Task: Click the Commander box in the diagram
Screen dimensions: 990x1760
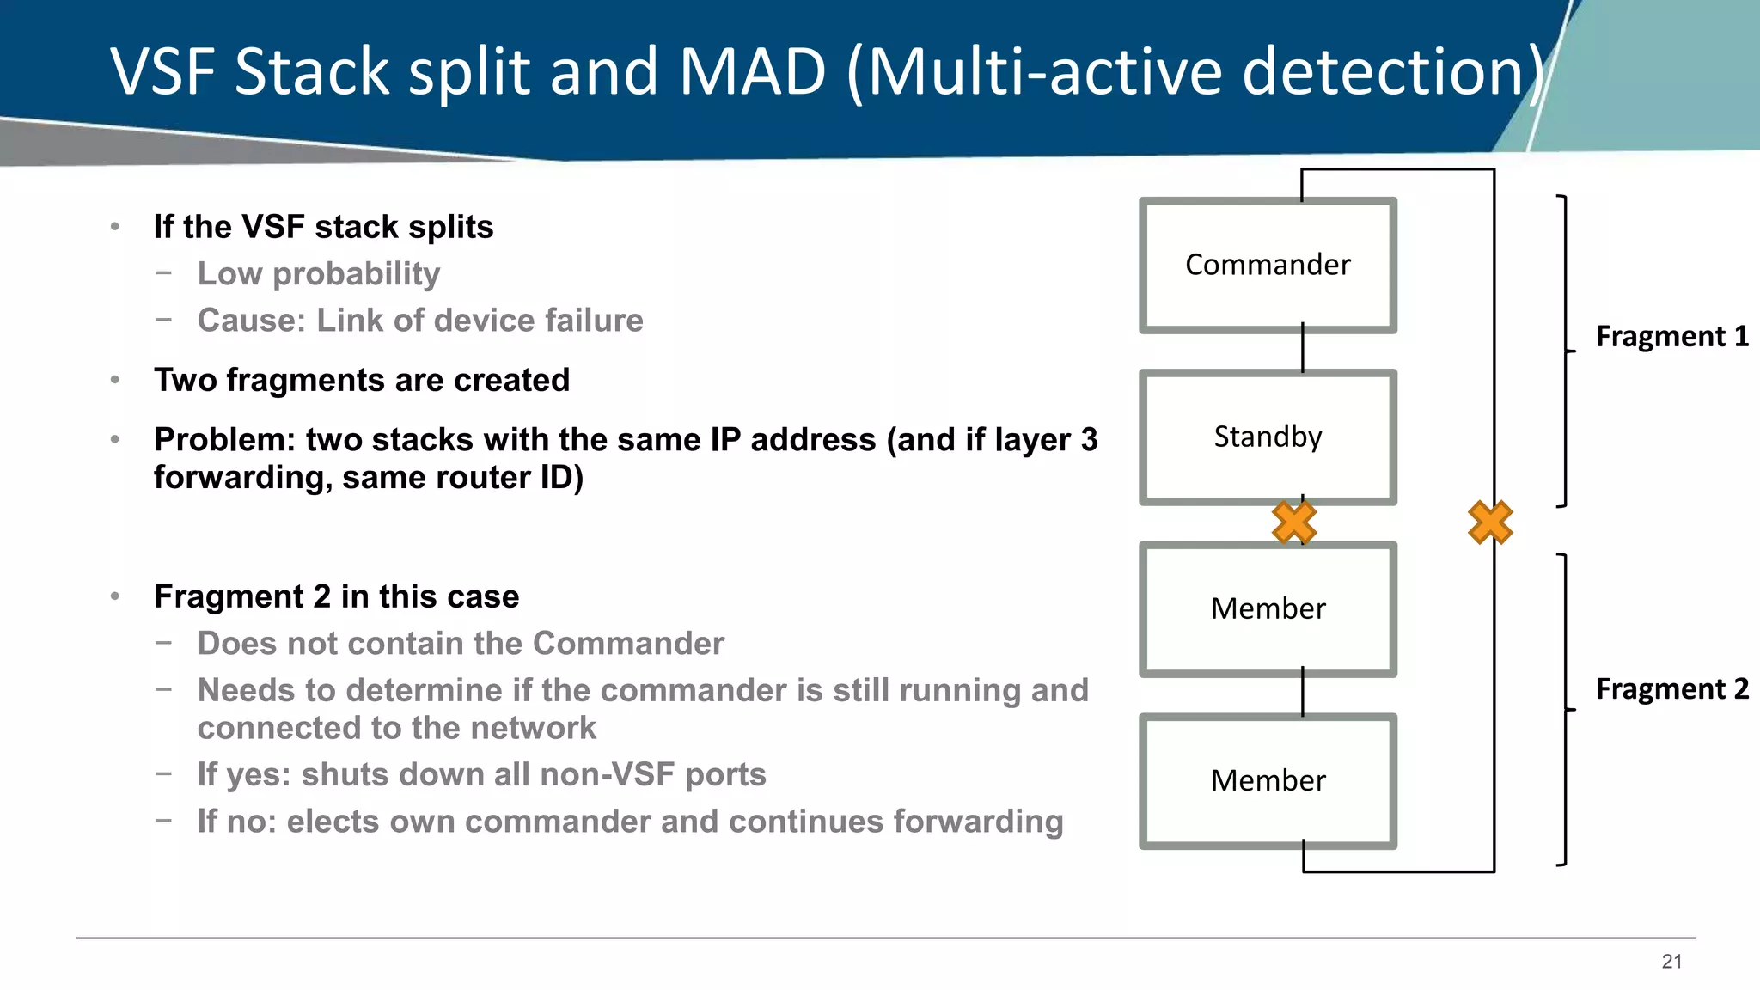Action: pos(1268,265)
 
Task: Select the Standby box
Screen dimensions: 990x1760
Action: pos(1268,437)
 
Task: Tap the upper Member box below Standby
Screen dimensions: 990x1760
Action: pos(1268,608)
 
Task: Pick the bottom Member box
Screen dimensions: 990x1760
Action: pos(1268,780)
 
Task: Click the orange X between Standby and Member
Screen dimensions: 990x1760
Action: pos(1294,522)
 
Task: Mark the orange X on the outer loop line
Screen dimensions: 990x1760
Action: pos(1490,522)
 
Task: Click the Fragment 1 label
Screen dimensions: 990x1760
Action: pos(1671,336)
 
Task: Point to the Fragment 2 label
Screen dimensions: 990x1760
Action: pos(1671,689)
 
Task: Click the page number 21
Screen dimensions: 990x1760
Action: pos(1671,962)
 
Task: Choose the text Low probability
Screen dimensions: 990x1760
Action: pos(319,274)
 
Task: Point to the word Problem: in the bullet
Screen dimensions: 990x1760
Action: pos(224,440)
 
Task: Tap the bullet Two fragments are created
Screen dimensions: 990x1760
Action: pos(362,380)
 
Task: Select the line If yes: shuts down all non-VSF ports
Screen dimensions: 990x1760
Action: pos(481,774)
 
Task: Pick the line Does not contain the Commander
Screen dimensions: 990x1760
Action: pos(461,644)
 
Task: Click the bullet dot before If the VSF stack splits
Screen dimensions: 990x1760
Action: pos(115,227)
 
